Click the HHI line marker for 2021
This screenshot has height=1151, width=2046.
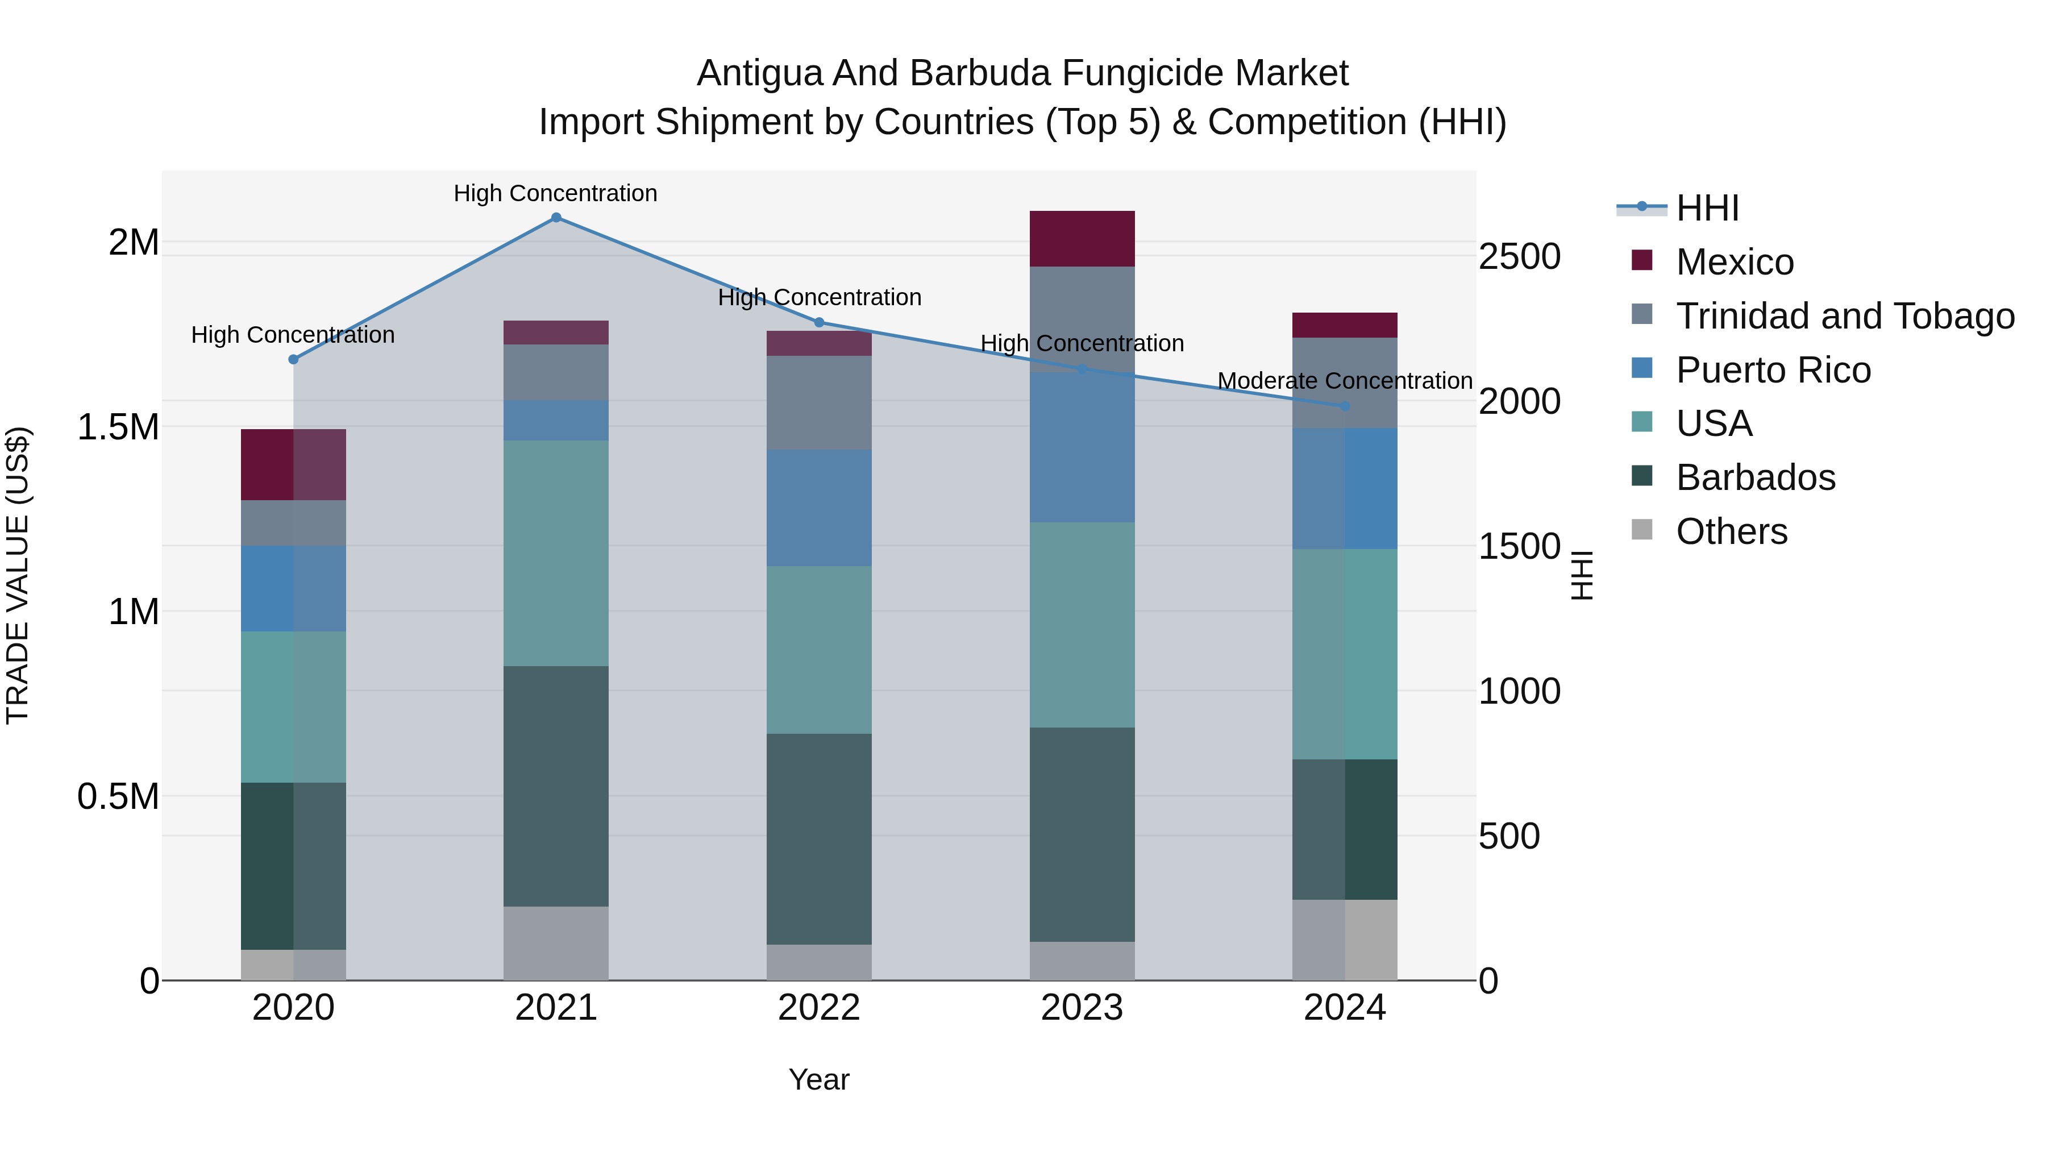tap(556, 218)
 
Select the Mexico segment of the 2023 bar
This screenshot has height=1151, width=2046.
tap(1082, 238)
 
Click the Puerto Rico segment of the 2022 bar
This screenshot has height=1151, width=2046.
tap(819, 508)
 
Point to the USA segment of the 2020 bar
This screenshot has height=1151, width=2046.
tap(293, 707)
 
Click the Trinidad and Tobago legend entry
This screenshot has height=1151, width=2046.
tap(1844, 315)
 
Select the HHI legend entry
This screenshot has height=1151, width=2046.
tap(1708, 208)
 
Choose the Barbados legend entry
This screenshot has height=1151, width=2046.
tap(1756, 477)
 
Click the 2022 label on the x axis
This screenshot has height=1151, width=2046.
tap(819, 1008)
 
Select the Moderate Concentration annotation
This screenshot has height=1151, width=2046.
tap(1345, 381)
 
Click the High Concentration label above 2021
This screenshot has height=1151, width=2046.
tap(555, 193)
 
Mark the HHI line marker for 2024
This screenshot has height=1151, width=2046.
tap(1345, 406)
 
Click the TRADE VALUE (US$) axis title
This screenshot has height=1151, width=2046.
tap(18, 575)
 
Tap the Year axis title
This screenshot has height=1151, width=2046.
tap(819, 1079)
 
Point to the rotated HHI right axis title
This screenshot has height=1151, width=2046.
tap(1583, 575)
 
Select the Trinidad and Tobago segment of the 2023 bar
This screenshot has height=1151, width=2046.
tap(1082, 318)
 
